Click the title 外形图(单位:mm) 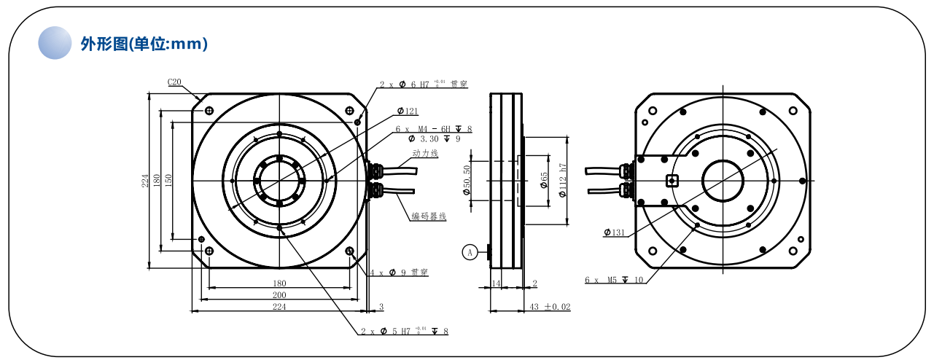144,44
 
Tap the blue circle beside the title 55,43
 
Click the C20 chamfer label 175,82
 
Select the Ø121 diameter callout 408,111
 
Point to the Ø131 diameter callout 615,233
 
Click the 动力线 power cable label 424,154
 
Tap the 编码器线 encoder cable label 428,216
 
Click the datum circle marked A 470,252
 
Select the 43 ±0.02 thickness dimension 550,308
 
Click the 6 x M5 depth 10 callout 614,279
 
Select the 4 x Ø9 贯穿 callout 399,273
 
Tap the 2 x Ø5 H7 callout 405,332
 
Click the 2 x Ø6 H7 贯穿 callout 423,85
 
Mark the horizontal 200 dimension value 279,295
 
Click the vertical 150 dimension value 168,180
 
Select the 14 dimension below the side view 496,283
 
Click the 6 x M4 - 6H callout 434,129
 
